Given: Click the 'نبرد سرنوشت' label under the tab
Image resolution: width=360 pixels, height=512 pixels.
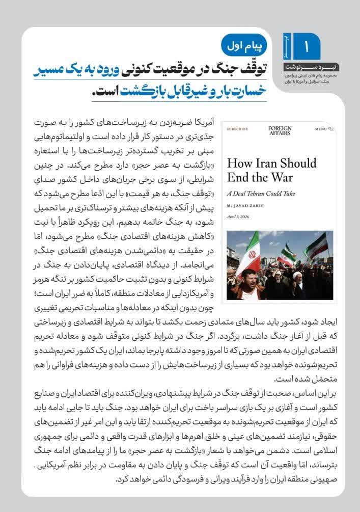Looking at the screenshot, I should (x=305, y=67).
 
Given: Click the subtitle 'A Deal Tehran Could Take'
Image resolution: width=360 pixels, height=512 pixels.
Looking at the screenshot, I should (x=261, y=194).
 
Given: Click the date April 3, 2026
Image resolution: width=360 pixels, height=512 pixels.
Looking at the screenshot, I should (x=238, y=217).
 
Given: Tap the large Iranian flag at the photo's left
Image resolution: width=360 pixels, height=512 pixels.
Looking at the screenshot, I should (x=249, y=254).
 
